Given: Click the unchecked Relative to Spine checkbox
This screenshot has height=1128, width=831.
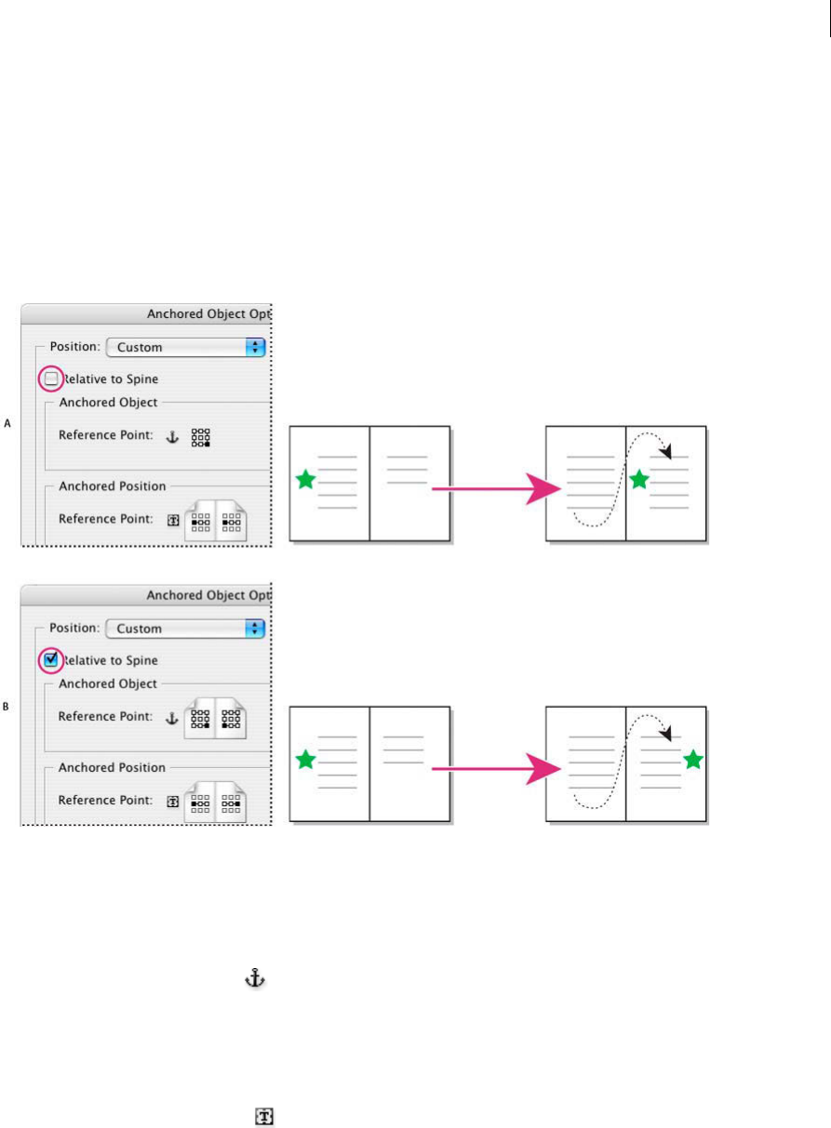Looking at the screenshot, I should [51, 378].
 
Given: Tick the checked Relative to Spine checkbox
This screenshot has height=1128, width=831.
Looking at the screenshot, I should [51, 660].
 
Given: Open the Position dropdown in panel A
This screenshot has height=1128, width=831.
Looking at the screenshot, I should [186, 347].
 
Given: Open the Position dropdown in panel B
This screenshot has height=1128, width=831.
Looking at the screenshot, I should [186, 629].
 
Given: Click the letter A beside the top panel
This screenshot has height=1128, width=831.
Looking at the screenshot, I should [7, 424].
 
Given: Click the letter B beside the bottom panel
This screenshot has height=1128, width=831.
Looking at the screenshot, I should [7, 707].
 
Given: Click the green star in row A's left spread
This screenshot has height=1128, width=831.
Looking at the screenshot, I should [305, 480].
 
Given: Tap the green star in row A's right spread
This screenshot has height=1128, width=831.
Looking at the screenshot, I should [638, 480].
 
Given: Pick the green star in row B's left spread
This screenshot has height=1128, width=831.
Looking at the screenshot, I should [305, 760].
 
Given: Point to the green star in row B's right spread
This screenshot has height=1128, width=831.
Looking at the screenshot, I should [691, 760].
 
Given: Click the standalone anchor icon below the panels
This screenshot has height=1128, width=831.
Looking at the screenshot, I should [254, 977].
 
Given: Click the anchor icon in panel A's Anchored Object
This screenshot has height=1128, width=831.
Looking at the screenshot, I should [171, 435].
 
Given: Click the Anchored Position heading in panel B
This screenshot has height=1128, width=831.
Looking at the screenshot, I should [112, 767].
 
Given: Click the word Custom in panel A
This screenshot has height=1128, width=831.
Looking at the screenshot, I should [140, 347].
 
